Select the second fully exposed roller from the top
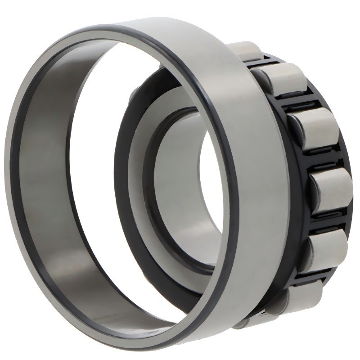click(310, 128)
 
